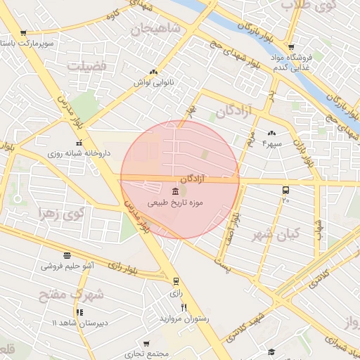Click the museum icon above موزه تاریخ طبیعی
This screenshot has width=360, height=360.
coord(175,191)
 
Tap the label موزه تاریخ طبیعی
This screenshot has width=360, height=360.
coord(175,202)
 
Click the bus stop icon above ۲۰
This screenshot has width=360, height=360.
coord(285,190)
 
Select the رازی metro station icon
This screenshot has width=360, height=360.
coord(176,281)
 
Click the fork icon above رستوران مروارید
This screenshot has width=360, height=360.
coord(184,307)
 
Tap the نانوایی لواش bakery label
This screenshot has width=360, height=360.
coord(153,82)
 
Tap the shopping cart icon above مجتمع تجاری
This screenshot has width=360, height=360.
coord(127,345)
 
